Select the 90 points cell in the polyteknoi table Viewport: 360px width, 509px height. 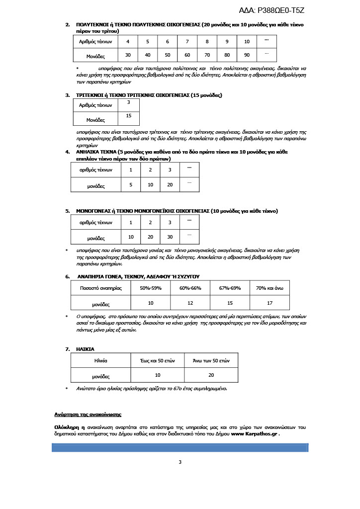pyautogui.click(x=247, y=54)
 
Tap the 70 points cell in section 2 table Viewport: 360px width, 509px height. pyautogui.click(x=207, y=54)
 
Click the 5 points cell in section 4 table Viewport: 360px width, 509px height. pyautogui.click(x=131, y=184)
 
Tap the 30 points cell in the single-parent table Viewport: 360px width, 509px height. pyautogui.click(x=170, y=237)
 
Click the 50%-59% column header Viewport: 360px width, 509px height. pyautogui.click(x=150, y=288)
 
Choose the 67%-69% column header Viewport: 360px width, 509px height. pyautogui.click(x=230, y=288)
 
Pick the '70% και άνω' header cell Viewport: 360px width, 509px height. pyautogui.click(x=270, y=288)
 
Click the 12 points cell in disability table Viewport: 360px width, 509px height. pyautogui.click(x=190, y=302)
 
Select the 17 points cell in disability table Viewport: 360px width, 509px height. pyautogui.click(x=270, y=302)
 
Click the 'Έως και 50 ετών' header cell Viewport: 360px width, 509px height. pyautogui.click(x=157, y=360)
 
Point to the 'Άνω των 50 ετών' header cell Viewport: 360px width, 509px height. pyautogui.click(x=211, y=360)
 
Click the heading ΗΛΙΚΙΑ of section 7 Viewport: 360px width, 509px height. pyautogui.click(x=85, y=349)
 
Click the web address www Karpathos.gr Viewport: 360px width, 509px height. pyautogui.click(x=255, y=434)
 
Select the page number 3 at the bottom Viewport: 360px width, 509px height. pyautogui.click(x=180, y=462)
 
